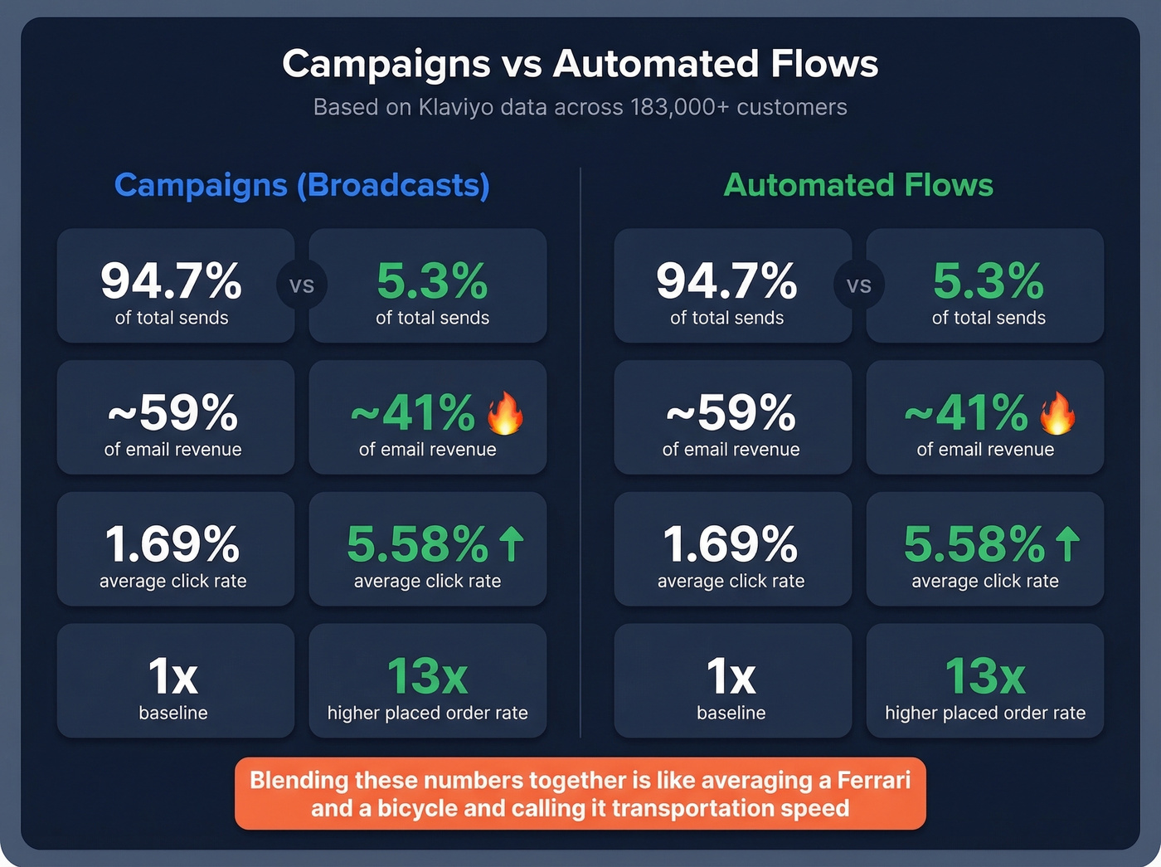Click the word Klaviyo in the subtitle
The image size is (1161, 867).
coord(456,108)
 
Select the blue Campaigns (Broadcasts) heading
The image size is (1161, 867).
coord(302,185)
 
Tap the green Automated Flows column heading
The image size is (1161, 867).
coord(858,185)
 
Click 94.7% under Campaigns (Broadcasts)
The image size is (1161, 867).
coord(172,280)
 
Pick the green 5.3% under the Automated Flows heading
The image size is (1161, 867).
coord(988,280)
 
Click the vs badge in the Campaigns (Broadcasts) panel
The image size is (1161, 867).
coord(302,285)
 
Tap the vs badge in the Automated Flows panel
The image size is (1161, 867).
coord(859,285)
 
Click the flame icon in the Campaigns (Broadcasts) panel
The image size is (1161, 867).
coord(505,412)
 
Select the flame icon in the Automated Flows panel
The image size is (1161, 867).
coord(1057,412)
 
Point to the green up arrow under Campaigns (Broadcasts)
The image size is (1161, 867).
coord(512,544)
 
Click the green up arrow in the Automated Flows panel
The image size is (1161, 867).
coord(1068,544)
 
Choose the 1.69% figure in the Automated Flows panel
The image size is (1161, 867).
coord(731,544)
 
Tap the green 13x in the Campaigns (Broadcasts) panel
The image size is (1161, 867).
coord(427,676)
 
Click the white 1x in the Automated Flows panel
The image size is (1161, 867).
coord(731,676)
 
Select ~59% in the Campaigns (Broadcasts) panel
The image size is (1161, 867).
coord(172,412)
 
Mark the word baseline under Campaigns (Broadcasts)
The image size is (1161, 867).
coord(173,713)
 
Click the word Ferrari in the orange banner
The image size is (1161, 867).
coord(873,781)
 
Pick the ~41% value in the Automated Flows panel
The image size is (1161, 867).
coord(966,412)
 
